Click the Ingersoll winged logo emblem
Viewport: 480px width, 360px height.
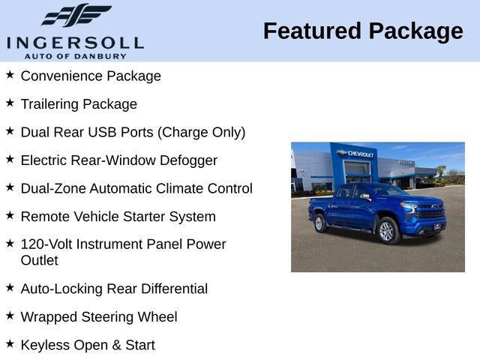(x=76, y=14)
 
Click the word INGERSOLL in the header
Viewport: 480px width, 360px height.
(x=75, y=42)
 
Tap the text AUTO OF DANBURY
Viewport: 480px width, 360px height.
(x=75, y=56)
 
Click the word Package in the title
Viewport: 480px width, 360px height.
(x=416, y=31)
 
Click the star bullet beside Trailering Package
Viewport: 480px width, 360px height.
(x=10, y=103)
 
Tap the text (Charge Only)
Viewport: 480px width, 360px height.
(x=201, y=132)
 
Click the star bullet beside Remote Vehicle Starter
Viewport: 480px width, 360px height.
(x=10, y=215)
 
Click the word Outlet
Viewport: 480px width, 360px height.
(x=39, y=260)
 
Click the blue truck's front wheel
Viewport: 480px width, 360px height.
(x=387, y=231)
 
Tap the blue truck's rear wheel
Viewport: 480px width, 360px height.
(x=320, y=223)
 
